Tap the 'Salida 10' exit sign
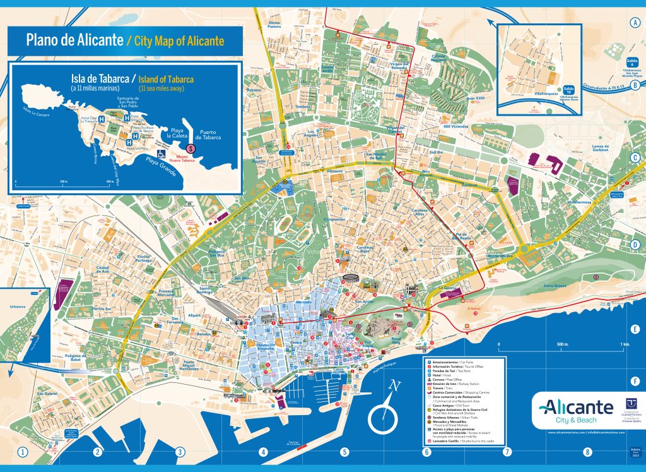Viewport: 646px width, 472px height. click(568, 90)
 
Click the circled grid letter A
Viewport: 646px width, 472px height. click(635, 23)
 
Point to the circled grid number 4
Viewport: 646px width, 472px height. click(263, 452)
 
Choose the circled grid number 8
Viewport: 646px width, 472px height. click(587, 452)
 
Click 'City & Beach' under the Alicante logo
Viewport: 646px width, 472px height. click(572, 420)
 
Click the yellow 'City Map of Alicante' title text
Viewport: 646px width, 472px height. click(175, 42)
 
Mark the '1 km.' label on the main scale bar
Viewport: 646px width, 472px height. click(625, 344)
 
